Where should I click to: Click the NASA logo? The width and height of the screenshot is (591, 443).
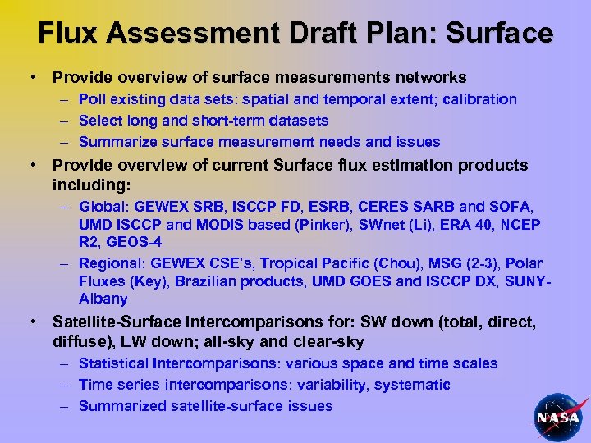click(x=558, y=416)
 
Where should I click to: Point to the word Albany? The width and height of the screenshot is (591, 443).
click(x=103, y=299)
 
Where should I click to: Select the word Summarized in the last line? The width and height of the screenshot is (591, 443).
click(x=119, y=406)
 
